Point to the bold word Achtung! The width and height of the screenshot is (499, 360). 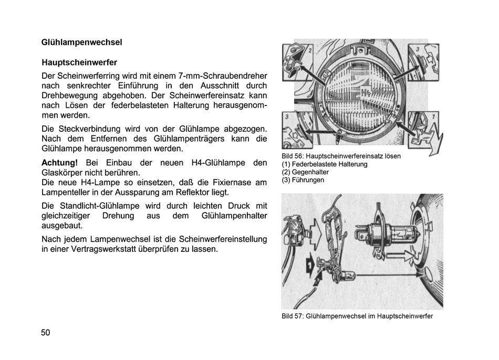click(59, 163)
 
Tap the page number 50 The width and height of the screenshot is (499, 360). click(45, 332)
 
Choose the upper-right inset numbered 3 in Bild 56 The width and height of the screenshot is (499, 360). click(423, 61)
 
